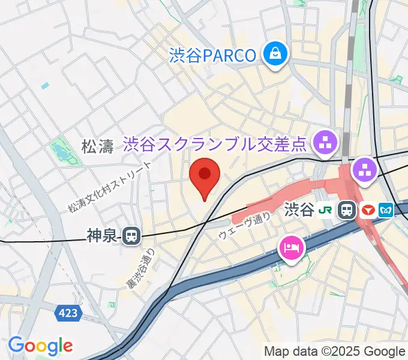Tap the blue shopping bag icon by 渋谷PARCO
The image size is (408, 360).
276,55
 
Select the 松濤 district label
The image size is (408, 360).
97,146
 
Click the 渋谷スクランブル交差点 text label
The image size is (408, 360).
215,144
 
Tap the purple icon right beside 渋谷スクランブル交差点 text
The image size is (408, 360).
326,143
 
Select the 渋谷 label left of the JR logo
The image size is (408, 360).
299,210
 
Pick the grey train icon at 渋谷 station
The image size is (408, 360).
347,210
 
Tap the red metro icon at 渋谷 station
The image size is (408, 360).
368,210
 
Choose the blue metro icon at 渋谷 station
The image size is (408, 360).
388,210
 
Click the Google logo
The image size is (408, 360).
40,346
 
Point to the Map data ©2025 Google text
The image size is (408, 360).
335,351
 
